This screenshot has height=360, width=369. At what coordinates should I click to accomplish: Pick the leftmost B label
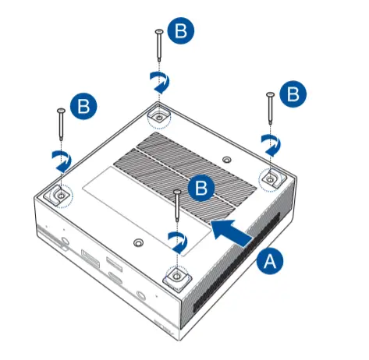(x=82, y=104)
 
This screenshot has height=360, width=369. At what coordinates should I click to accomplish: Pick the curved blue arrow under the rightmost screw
(x=270, y=143)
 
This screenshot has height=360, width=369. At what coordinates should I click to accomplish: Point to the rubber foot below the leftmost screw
(x=59, y=196)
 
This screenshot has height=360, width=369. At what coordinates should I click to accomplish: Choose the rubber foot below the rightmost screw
(x=270, y=178)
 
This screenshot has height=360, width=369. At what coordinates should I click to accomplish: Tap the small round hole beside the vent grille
(x=226, y=160)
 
